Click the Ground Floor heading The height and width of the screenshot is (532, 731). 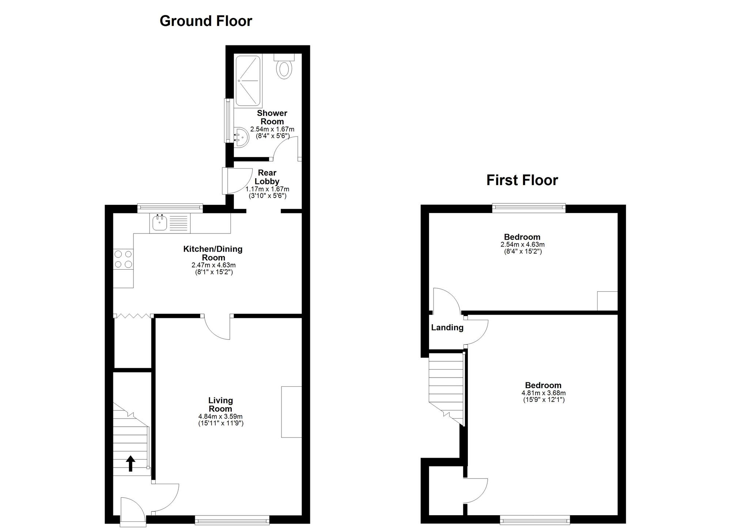[x=206, y=21]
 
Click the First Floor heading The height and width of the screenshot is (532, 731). [x=522, y=180]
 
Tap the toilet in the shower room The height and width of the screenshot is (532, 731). [x=284, y=69]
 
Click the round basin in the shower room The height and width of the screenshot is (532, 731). [x=241, y=137]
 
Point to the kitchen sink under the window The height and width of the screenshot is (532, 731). [x=160, y=222]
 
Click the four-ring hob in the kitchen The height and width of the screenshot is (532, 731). [x=123, y=259]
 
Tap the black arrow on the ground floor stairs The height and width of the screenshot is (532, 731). [x=130, y=463]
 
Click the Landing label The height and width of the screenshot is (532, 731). [x=447, y=327]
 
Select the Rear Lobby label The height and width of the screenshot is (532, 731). [x=267, y=177]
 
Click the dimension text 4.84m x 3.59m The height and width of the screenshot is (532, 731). [x=220, y=416]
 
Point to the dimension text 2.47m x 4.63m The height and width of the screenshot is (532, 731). [x=213, y=265]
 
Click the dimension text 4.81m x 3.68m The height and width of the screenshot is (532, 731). [x=543, y=393]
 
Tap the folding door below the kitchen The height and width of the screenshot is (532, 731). [x=133, y=315]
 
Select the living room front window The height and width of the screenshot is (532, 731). [x=232, y=520]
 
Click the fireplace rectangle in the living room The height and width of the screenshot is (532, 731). [x=291, y=412]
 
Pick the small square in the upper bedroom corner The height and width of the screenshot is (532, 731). [x=607, y=301]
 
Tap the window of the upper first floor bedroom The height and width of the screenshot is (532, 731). [x=529, y=207]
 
